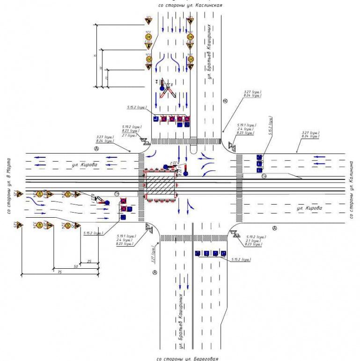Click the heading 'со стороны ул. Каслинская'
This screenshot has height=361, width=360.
point(190,5)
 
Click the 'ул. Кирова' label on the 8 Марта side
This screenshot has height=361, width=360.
point(85,165)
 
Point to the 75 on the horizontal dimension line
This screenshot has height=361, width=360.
point(59,271)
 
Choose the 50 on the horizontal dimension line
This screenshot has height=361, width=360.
point(75,265)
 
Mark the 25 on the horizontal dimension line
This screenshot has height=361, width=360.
point(88,260)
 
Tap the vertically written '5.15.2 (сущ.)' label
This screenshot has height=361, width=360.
point(270,125)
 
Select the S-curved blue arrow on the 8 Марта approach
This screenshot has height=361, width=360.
point(35,202)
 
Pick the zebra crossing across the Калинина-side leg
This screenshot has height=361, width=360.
point(239,187)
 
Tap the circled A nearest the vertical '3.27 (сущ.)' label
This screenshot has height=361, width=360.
point(154,272)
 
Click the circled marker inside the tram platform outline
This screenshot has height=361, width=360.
point(264,176)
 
